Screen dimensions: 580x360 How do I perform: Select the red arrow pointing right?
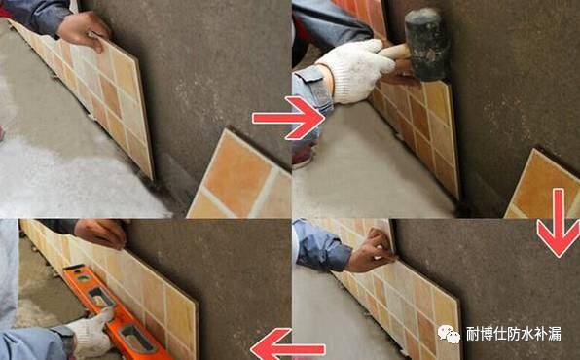pos(289,118)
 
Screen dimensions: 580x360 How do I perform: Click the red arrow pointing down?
pos(559,223)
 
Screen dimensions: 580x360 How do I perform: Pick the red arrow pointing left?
pos(287,345)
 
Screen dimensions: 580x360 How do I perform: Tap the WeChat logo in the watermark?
pos(449,334)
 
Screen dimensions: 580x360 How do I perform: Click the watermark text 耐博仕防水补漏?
pos(514,334)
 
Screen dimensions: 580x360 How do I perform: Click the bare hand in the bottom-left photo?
pos(100,234)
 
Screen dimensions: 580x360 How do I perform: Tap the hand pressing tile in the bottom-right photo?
pos(372,252)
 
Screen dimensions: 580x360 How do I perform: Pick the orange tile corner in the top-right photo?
pos(543,185)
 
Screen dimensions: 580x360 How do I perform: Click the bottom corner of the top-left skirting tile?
pos(152,179)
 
